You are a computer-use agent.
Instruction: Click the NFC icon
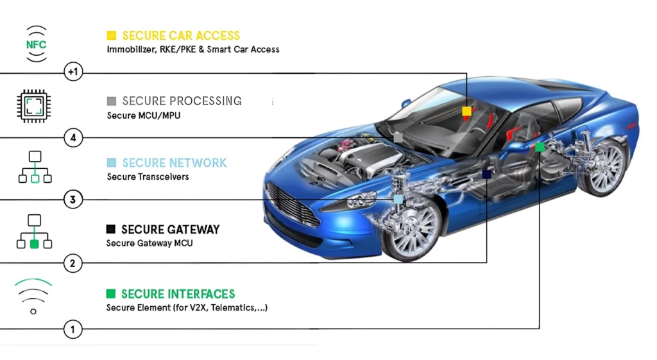point(36,44)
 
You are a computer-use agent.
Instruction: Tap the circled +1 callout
point(73,72)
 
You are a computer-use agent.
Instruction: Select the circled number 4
point(73,137)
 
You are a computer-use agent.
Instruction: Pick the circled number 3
point(73,200)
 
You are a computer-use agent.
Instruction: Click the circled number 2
point(73,263)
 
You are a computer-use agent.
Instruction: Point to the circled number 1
point(73,329)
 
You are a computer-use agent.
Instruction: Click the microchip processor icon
point(34,106)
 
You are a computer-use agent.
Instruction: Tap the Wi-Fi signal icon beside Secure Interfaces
point(33,296)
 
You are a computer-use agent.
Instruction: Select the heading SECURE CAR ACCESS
point(181,36)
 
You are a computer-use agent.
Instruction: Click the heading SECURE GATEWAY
point(170,229)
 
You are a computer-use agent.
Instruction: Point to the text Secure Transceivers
point(148,177)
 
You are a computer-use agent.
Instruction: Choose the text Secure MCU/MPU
point(143,116)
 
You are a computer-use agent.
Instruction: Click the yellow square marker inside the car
point(467,111)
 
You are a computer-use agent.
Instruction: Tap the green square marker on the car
point(540,147)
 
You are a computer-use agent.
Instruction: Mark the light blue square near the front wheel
point(398,200)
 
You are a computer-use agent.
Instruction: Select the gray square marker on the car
point(398,137)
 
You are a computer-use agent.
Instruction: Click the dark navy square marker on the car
point(486,174)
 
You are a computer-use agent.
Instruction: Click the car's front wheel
point(410,228)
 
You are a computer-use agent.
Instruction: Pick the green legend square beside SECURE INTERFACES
point(111,294)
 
